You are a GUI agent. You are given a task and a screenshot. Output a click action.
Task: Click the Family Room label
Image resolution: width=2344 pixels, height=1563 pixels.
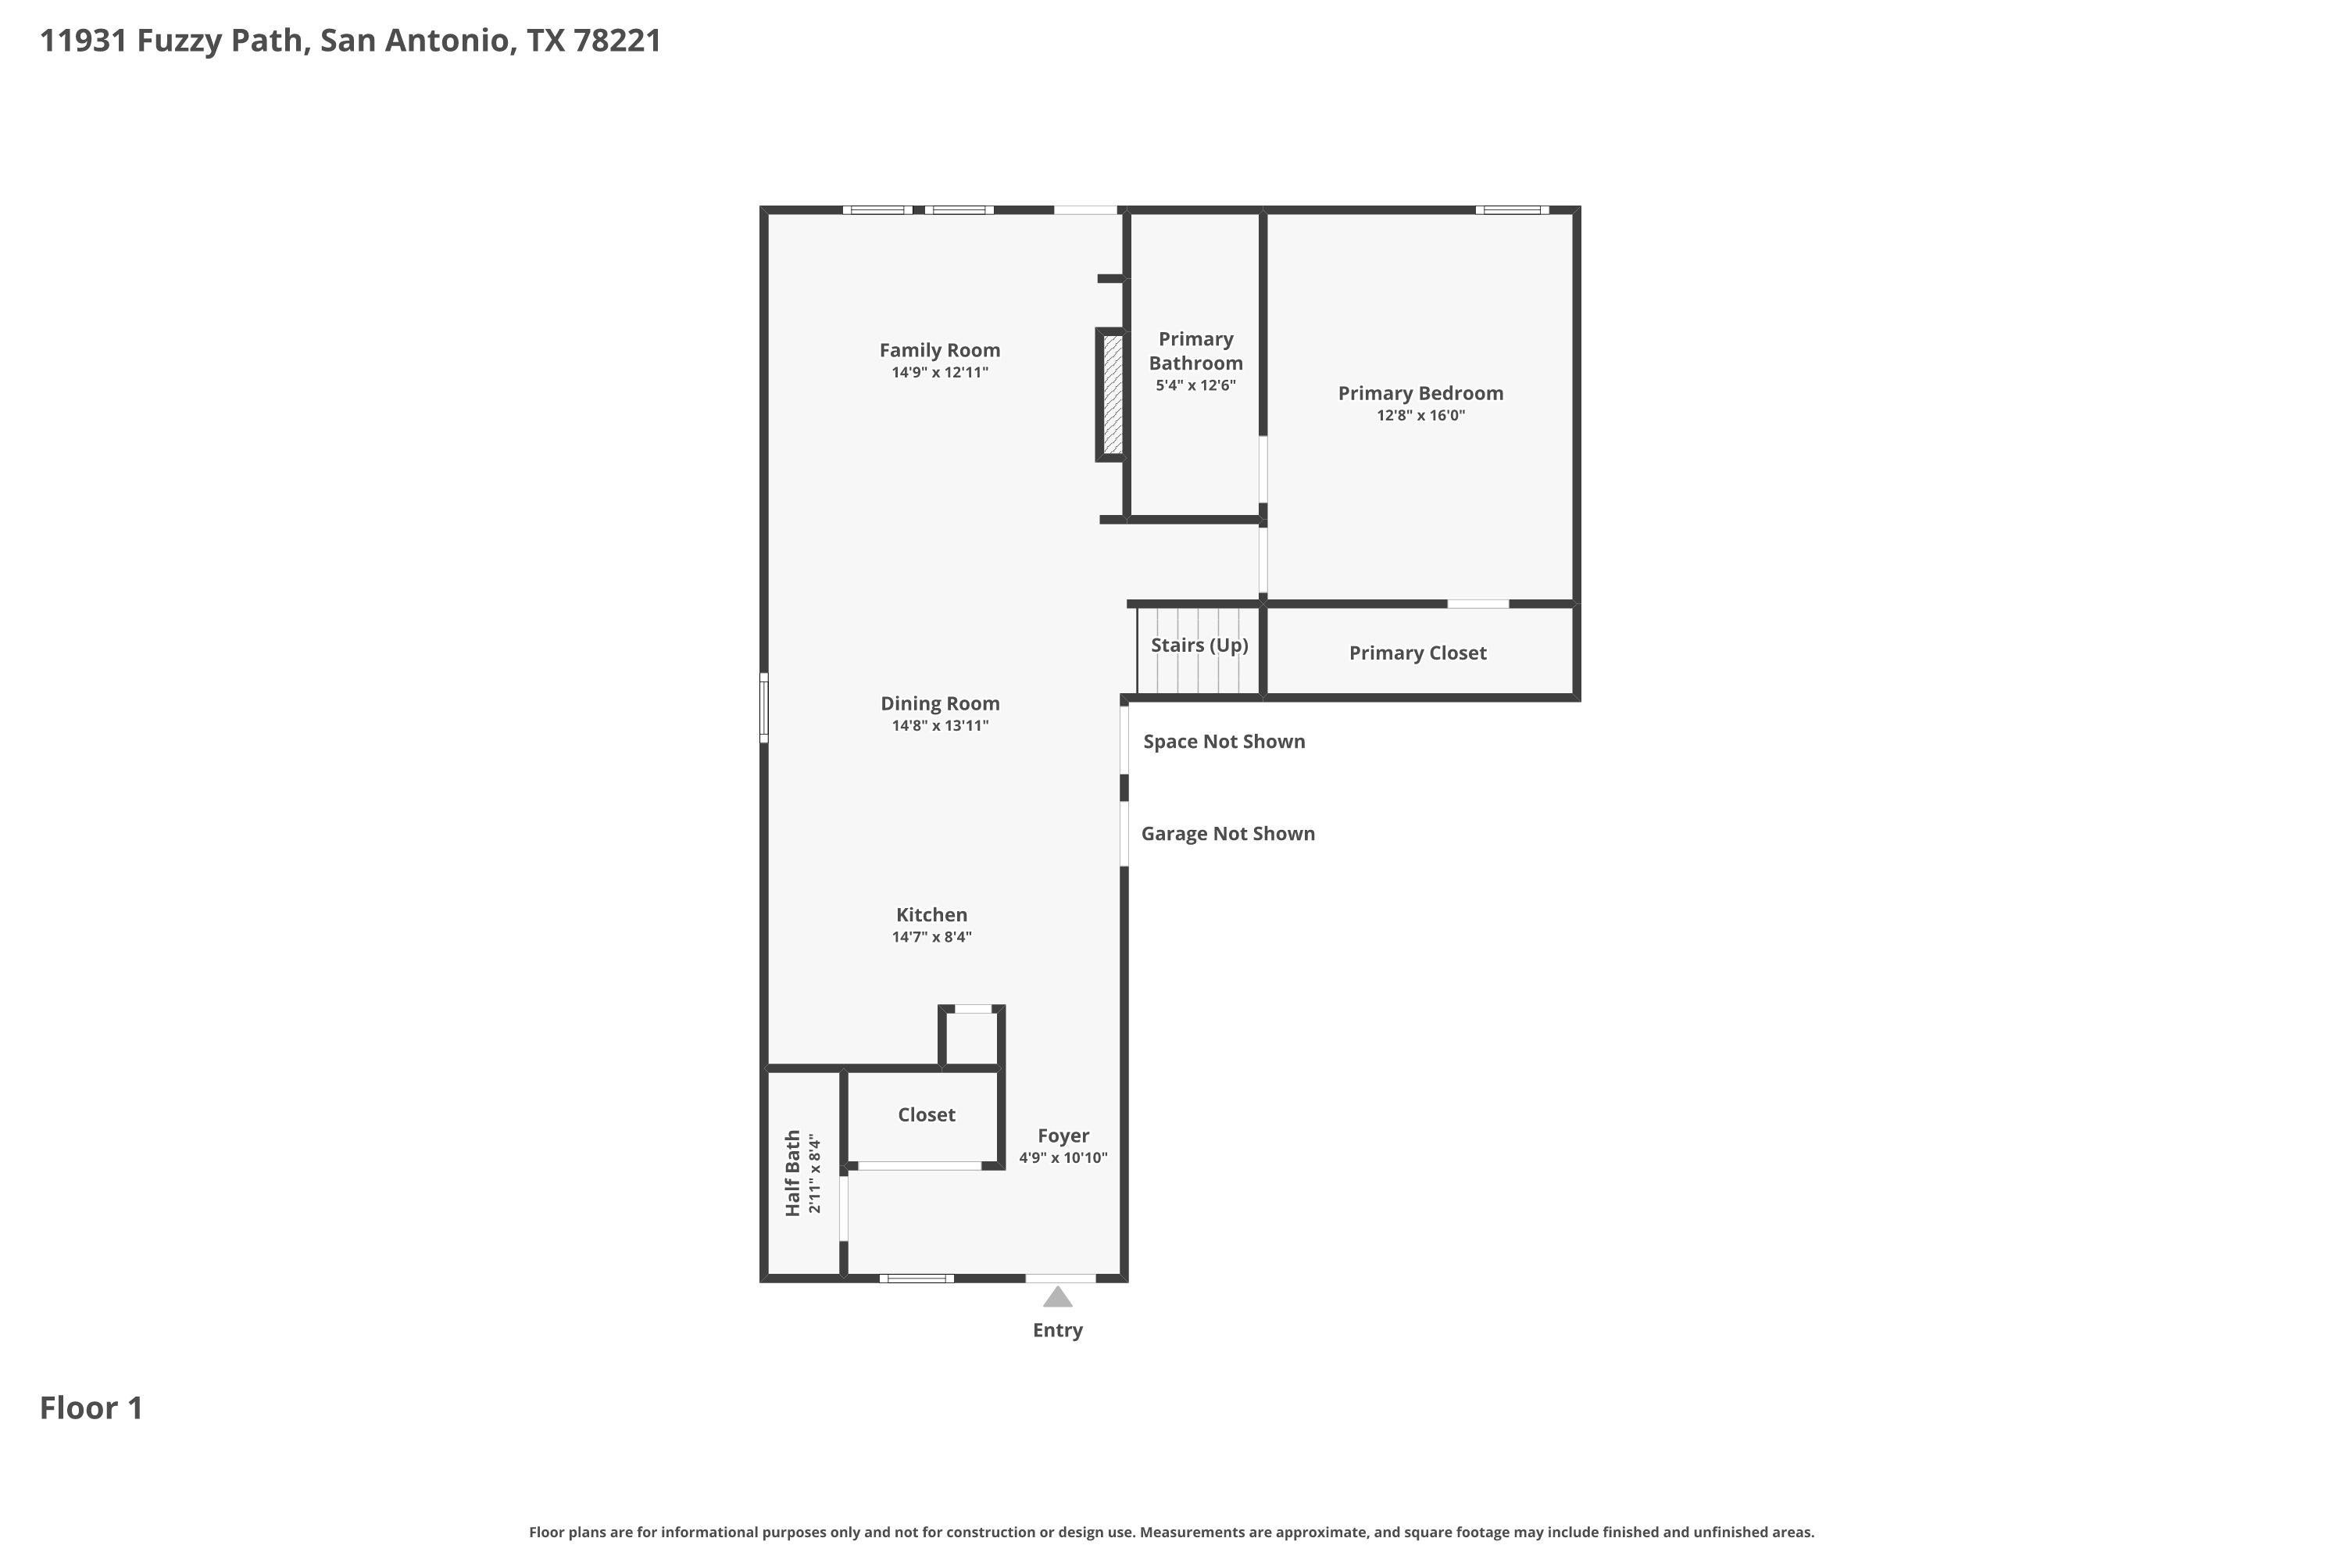tap(939, 350)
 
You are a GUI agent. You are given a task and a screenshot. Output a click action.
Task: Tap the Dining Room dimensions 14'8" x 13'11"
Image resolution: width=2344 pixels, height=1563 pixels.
tap(940, 726)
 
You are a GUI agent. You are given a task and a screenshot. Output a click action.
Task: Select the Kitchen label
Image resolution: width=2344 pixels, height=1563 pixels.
tap(931, 914)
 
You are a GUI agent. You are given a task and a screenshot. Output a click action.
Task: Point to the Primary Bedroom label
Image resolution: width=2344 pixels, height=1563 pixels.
tap(1420, 394)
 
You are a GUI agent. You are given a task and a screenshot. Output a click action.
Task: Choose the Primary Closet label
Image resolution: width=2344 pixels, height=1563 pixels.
tap(1417, 653)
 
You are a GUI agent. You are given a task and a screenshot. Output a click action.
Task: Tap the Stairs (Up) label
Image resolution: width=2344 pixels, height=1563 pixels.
tap(1199, 645)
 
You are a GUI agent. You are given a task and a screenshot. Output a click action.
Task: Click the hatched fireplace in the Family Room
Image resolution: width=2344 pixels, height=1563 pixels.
tap(1112, 395)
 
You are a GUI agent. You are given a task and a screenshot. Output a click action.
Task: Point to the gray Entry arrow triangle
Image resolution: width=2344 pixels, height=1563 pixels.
tap(1057, 1296)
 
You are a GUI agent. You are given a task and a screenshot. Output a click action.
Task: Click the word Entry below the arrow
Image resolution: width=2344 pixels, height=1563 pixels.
tap(1057, 1330)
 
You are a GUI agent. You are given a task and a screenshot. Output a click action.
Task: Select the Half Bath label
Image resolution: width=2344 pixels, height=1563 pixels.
tap(793, 1172)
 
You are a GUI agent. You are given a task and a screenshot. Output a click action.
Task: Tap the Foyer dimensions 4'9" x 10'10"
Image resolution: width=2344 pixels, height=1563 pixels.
tap(1063, 1157)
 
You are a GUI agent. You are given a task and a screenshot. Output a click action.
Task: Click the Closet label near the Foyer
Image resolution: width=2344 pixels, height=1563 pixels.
tap(926, 1114)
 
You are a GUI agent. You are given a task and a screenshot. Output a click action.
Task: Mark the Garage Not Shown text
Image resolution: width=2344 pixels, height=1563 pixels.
tap(1227, 833)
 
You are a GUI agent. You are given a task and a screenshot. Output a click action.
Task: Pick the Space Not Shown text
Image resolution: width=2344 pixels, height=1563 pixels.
tap(1224, 742)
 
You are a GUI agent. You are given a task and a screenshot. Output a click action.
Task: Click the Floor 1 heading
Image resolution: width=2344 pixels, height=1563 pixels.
tap(91, 1407)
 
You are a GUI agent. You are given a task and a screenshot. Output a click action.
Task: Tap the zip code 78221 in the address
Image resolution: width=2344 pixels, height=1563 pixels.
tap(618, 41)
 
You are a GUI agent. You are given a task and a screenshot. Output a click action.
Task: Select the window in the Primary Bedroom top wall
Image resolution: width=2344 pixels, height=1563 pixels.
tap(1512, 210)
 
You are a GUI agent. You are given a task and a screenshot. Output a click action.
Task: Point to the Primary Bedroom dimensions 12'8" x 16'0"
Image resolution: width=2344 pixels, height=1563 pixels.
tap(1420, 416)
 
